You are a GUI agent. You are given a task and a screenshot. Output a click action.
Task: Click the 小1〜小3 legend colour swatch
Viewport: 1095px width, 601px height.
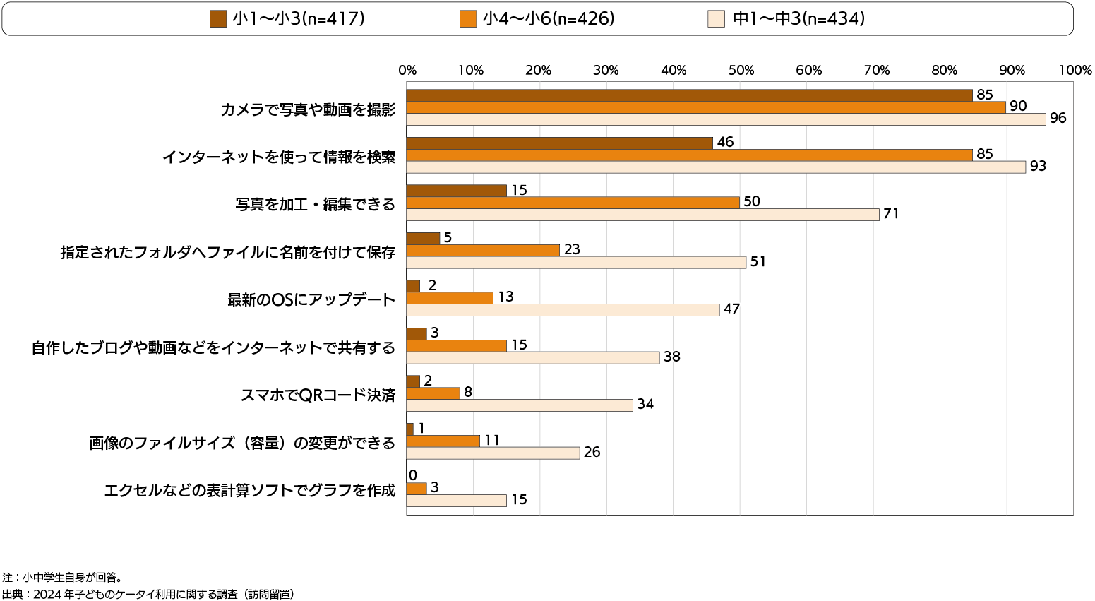pyautogui.click(x=217, y=19)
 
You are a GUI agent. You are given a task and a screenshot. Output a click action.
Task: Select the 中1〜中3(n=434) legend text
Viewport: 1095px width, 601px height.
pyautogui.click(x=798, y=19)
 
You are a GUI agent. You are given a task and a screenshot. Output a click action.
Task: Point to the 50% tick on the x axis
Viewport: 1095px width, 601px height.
pyautogui.click(x=741, y=71)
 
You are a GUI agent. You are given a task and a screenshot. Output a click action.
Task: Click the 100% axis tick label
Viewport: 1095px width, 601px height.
pyautogui.click(x=1075, y=71)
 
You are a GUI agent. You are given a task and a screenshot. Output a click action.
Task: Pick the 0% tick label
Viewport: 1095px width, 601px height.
pyautogui.click(x=407, y=71)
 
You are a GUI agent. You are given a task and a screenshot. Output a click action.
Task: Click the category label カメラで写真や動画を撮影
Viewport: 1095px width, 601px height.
pyautogui.click(x=308, y=109)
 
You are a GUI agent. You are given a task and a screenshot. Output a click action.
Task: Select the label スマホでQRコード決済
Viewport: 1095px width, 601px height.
pyautogui.click(x=318, y=395)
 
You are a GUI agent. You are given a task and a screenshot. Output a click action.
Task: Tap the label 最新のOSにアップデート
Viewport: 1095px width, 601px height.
pyautogui.click(x=311, y=300)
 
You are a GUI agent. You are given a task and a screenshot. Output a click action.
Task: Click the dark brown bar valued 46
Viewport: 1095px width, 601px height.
pyautogui.click(x=559, y=143)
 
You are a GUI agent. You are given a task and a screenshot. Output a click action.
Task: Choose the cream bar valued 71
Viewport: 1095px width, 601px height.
pyautogui.click(x=642, y=215)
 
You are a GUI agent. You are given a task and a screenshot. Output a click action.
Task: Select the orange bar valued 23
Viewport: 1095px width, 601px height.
pyautogui.click(x=483, y=250)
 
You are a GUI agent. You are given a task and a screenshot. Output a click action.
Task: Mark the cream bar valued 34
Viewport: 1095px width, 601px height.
pyautogui.click(x=520, y=405)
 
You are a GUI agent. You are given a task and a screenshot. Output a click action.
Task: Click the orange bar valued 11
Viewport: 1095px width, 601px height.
pyautogui.click(x=443, y=441)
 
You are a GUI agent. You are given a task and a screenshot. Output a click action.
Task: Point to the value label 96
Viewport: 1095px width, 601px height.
pyautogui.click(x=1058, y=119)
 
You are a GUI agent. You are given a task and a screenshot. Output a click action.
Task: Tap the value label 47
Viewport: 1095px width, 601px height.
pyautogui.click(x=731, y=309)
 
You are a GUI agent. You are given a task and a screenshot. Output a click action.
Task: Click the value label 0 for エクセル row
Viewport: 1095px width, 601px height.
pyautogui.click(x=413, y=475)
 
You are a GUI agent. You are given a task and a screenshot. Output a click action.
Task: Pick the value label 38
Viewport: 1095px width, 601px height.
pyautogui.click(x=671, y=357)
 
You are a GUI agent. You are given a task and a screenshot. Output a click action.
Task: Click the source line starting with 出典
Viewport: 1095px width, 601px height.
pyautogui.click(x=148, y=594)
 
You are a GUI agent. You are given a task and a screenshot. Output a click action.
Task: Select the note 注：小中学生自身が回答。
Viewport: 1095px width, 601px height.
pyautogui.click(x=63, y=578)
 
